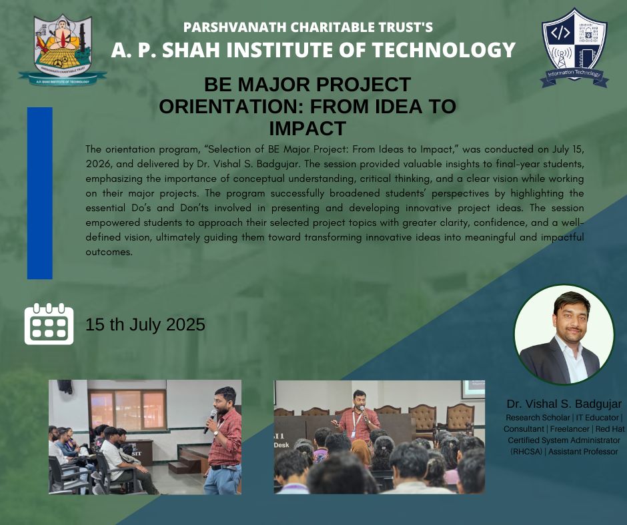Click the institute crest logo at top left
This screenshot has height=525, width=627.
tap(63, 49)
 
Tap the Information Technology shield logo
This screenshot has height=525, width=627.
tap(574, 47)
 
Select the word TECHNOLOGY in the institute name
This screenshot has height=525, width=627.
tap(444, 50)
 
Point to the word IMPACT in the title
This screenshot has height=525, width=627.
tap(307, 129)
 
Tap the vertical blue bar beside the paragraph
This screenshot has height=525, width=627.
tap(39, 193)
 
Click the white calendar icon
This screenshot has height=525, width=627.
tap(49, 324)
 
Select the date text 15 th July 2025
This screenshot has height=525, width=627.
tap(145, 324)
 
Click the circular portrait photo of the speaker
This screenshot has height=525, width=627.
tap(564, 335)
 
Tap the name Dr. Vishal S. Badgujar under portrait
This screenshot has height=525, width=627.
tap(564, 404)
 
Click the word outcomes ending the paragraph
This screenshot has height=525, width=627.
tap(109, 252)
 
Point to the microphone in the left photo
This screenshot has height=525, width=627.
tap(210, 421)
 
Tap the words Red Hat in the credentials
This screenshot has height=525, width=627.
tap(610, 428)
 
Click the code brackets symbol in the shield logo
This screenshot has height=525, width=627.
tap(560, 33)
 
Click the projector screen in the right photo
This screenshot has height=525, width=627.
tap(473, 390)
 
